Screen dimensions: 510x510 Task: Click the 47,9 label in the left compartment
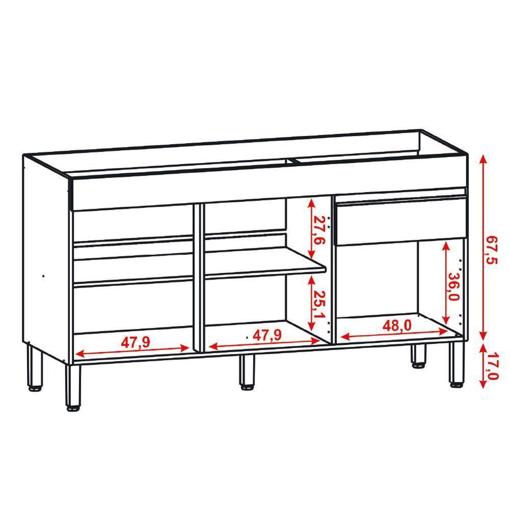[135, 342]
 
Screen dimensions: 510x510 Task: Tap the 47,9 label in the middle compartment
[268, 335]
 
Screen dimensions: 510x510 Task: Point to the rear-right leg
[419, 354]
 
